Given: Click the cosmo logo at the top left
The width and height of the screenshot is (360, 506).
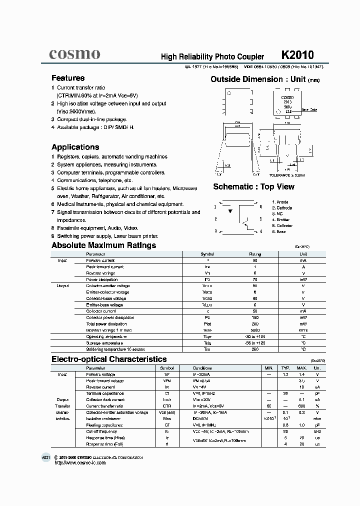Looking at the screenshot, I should pos(74,54).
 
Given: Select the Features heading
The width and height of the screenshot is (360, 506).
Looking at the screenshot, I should pos(68,78).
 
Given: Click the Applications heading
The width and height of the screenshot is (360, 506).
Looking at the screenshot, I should pos(75,147).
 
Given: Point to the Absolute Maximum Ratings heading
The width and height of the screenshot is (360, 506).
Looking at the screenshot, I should pos(103,245).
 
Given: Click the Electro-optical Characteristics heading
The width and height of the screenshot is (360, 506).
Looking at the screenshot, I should pos(109,359).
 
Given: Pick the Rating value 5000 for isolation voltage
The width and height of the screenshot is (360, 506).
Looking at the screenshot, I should pos(255,330).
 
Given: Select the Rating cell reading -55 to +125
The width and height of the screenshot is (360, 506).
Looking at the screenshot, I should pos(255,342).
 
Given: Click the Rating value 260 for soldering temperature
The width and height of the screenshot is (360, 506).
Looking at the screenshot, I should pos(255,349).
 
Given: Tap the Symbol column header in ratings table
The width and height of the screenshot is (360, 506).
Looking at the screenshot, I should pos(207,254).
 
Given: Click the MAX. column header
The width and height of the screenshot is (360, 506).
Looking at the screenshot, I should pos(302,367).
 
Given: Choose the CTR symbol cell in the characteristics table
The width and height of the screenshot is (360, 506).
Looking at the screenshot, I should pos(166,405).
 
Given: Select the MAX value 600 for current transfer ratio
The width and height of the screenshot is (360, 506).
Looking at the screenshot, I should pos(302,405).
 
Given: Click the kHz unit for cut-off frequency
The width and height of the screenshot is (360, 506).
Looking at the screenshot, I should pos(316,431).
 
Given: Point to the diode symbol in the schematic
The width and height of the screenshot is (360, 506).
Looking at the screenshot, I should pos(230,211).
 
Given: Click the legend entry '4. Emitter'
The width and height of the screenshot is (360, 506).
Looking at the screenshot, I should pos(282,219).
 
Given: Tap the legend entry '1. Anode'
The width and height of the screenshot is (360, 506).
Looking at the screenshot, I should pos(280,201).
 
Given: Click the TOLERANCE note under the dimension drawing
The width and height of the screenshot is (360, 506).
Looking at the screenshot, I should pos(287,175).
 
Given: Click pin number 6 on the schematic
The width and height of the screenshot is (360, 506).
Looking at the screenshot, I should pos(260,206).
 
